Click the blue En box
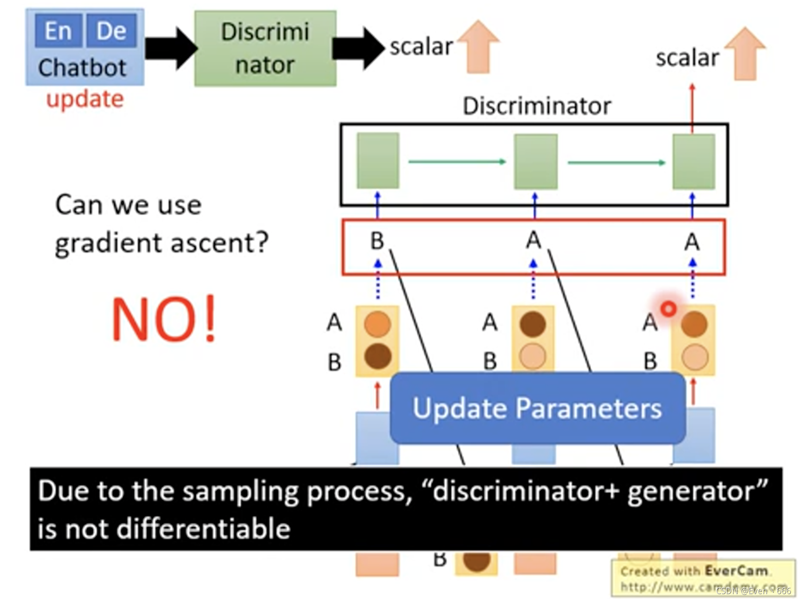58,31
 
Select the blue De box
111,31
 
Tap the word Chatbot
82,68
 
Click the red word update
85,99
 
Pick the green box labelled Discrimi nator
265,48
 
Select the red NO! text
164,319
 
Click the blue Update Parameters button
537,408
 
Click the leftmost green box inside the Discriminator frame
378,161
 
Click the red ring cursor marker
668,309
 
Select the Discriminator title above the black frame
536,106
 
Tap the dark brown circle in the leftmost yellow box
378,356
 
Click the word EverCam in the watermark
736,571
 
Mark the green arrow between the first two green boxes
456,162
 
